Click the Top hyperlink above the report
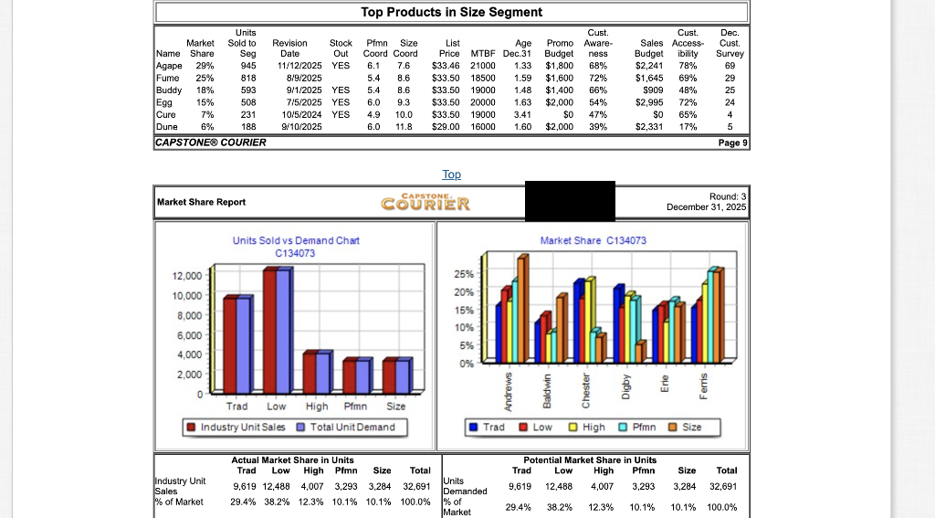[x=451, y=174]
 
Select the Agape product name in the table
[x=169, y=66]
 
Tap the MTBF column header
[x=482, y=54]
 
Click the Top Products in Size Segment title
[x=451, y=12]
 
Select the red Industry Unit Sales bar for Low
[x=270, y=329]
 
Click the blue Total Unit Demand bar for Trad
[x=243, y=344]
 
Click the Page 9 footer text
[x=732, y=143]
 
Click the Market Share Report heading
[x=201, y=202]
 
